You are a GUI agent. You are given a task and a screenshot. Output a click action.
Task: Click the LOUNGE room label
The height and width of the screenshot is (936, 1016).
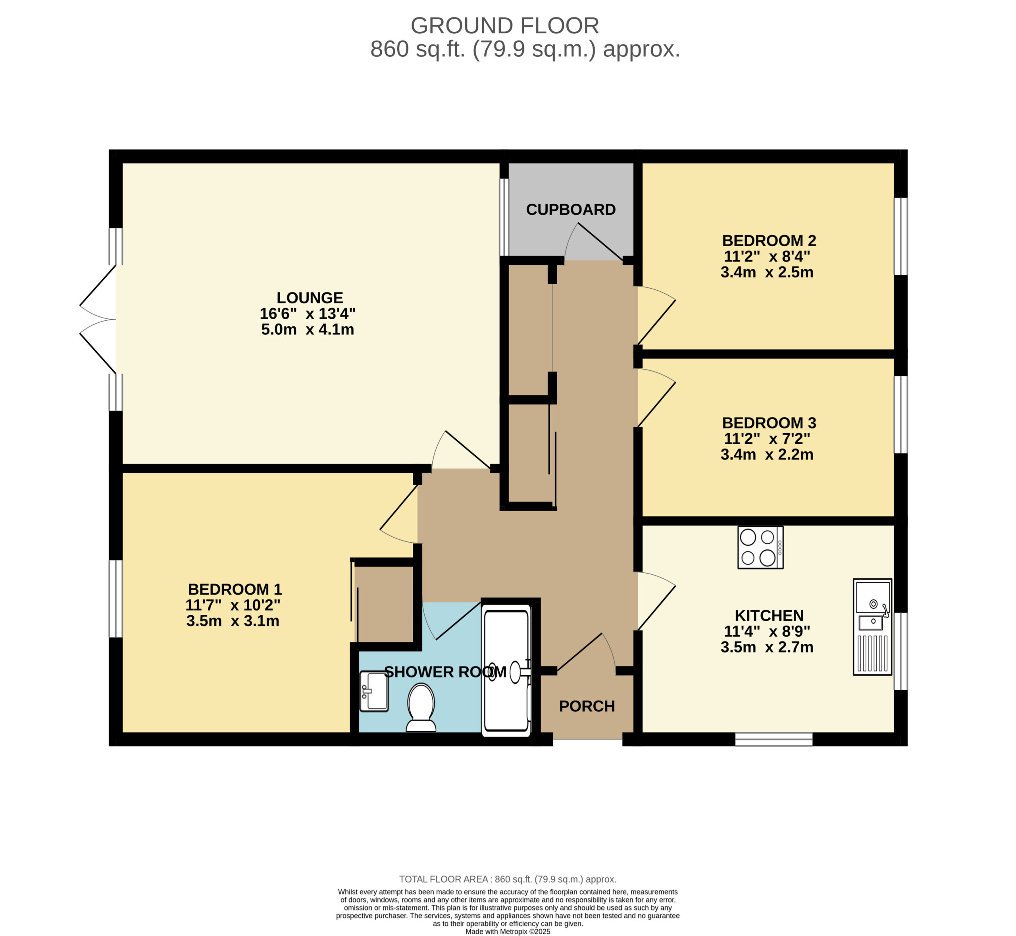(x=310, y=298)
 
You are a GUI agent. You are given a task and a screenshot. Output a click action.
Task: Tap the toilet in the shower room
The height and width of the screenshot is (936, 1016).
(x=421, y=708)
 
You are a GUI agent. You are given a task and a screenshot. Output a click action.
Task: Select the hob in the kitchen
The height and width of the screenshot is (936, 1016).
(x=761, y=547)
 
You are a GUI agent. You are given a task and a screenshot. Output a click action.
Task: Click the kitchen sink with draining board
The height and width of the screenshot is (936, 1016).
(x=873, y=627)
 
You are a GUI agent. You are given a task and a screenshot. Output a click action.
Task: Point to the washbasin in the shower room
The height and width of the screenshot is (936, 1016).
(x=374, y=691)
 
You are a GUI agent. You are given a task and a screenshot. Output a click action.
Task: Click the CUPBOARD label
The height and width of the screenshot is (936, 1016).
(x=571, y=210)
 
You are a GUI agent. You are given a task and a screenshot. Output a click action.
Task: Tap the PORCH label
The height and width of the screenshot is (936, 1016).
(x=587, y=707)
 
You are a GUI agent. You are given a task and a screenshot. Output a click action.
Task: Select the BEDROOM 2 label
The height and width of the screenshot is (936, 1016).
(x=769, y=241)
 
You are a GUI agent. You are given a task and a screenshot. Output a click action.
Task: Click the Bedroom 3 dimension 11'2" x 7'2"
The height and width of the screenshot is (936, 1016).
(x=767, y=439)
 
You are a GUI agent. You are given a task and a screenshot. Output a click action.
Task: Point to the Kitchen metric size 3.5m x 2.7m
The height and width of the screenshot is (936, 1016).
(x=767, y=647)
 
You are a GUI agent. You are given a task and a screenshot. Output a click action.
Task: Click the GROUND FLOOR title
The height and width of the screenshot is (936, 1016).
(x=505, y=26)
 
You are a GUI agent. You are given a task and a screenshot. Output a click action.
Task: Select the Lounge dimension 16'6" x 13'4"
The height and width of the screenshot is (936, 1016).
(x=308, y=314)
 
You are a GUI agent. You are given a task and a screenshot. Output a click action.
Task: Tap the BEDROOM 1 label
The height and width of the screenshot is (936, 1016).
(x=235, y=589)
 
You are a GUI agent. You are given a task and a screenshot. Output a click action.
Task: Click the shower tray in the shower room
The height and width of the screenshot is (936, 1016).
(x=506, y=670)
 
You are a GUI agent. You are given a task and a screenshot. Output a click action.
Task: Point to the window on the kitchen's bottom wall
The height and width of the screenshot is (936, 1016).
(x=774, y=740)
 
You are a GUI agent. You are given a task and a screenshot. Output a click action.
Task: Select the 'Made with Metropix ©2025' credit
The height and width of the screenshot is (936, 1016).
(x=508, y=932)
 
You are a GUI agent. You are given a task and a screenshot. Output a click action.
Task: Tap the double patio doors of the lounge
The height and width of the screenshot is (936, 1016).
(x=99, y=320)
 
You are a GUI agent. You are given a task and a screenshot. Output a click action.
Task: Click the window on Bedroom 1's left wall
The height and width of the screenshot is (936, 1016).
(x=116, y=598)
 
